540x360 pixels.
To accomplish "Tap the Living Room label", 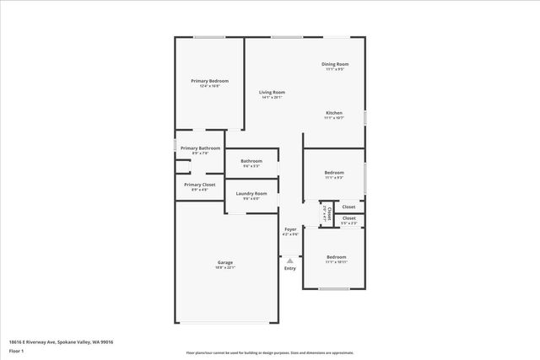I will (x=272, y=92).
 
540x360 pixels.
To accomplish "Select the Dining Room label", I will (x=335, y=64).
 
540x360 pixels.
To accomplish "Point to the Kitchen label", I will (x=334, y=113).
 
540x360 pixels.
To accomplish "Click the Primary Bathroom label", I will (x=200, y=148).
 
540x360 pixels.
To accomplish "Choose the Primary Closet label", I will (x=200, y=184).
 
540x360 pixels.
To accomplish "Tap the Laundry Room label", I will (x=251, y=194).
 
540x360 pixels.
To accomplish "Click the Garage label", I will (x=225, y=262).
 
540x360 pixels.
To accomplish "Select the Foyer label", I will (x=290, y=229).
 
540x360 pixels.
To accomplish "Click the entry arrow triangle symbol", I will (x=290, y=261).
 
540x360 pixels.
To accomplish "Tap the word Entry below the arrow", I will (x=290, y=269).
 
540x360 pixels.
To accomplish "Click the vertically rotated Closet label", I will (x=329, y=213).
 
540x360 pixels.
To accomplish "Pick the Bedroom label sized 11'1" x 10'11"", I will (x=337, y=256).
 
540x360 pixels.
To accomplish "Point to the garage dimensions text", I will (x=225, y=268).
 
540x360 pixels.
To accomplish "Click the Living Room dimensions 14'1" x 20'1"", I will (x=272, y=98).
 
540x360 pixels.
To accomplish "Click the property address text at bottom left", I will (x=61, y=341).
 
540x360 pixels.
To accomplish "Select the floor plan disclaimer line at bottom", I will (x=269, y=353).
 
